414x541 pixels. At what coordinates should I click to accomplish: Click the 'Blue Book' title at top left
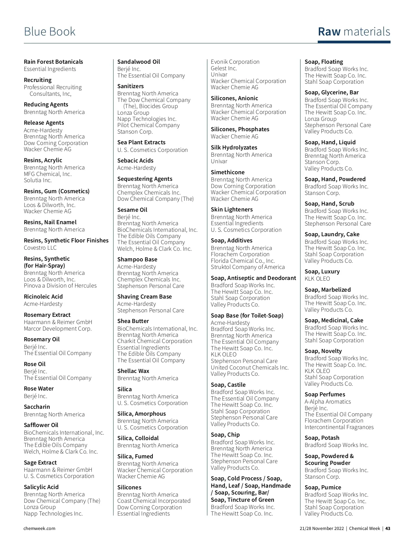point(50,32)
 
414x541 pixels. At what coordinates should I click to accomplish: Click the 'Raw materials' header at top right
point(354,32)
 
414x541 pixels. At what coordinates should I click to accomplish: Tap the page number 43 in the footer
point(388,528)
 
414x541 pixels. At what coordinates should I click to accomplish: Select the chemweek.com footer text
point(39,528)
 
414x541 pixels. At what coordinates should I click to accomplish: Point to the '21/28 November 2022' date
point(322,528)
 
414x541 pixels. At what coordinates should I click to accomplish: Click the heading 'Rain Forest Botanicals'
point(53,62)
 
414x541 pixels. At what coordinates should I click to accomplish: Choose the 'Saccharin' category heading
point(37,407)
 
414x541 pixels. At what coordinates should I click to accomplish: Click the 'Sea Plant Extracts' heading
point(141,142)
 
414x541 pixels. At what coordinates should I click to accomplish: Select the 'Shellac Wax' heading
point(133,371)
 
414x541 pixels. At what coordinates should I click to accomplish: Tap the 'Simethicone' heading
point(228,172)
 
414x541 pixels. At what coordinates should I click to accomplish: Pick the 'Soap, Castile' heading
point(228,385)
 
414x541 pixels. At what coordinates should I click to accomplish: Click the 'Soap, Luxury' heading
point(322,271)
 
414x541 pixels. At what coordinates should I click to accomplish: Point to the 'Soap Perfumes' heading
point(325,394)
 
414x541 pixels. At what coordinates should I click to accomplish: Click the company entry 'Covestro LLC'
point(40,248)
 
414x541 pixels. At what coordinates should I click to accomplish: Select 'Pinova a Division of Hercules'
point(60,285)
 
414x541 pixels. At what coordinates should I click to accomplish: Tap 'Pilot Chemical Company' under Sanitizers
point(148,125)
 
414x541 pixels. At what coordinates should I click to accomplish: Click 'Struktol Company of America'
point(248,267)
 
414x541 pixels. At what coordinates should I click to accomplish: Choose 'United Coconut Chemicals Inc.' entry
point(250,367)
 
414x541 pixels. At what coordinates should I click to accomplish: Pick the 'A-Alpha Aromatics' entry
point(328,402)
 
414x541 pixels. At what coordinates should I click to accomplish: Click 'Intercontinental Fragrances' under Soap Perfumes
point(339,427)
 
